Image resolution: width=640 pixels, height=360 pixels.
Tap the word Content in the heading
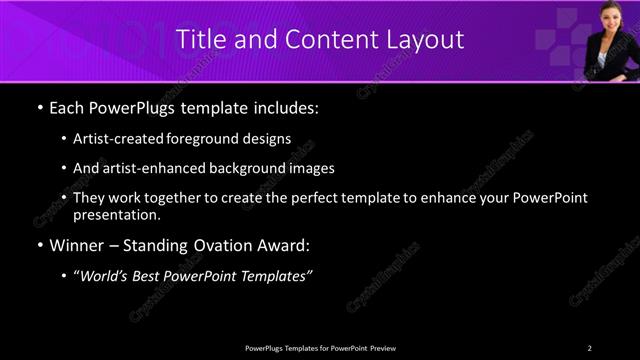[x=321, y=40]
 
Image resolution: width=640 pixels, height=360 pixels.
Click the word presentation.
[x=117, y=214]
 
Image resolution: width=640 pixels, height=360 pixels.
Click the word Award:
[x=285, y=245]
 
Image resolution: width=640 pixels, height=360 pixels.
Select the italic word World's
[x=106, y=276]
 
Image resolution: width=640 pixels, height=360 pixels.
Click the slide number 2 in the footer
[x=589, y=347]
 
